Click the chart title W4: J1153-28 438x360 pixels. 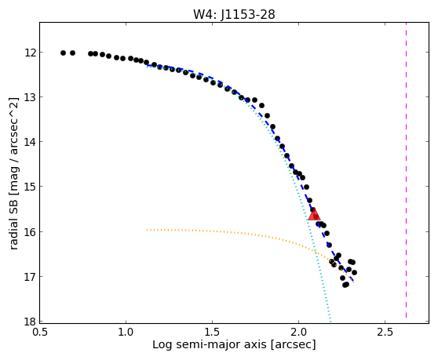point(234,14)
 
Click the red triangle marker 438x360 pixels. point(314,214)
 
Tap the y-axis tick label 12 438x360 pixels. point(30,53)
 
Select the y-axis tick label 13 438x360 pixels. point(30,97)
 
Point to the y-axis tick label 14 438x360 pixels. point(30,142)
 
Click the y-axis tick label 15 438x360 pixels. point(30,187)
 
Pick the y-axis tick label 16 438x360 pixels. point(30,231)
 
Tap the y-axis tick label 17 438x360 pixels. point(30,276)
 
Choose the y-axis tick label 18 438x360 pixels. point(30,322)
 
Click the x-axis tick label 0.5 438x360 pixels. point(40,333)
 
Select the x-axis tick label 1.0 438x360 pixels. point(126,333)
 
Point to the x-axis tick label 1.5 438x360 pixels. point(212,333)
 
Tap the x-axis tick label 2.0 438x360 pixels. point(298,333)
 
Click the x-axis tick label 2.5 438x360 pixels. point(385,333)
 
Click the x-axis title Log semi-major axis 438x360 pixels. point(210,345)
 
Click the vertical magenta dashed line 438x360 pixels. point(406,170)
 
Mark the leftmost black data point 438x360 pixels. point(63,53)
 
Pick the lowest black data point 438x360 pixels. point(345,285)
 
